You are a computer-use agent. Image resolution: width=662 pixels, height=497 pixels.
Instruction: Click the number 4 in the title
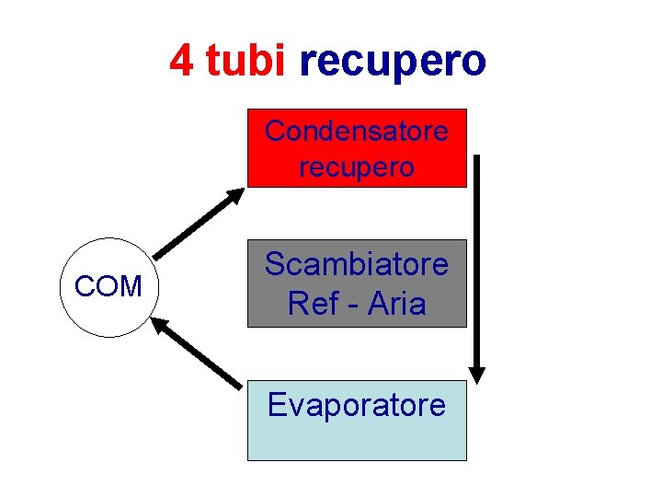click(181, 61)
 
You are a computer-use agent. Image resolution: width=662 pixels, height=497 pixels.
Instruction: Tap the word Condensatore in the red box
click(357, 132)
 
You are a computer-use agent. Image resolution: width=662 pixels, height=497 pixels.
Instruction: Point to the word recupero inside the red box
click(357, 168)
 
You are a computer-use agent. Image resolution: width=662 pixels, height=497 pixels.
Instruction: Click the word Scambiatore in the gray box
click(357, 265)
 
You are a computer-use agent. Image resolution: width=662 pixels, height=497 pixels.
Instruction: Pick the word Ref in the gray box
click(313, 303)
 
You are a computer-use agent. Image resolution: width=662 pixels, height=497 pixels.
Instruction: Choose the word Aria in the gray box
click(397, 303)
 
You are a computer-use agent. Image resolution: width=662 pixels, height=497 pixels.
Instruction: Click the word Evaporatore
click(357, 405)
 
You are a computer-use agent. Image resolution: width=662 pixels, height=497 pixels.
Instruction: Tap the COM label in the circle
click(108, 287)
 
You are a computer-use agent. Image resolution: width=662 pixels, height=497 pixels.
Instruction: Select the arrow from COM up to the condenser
click(198, 224)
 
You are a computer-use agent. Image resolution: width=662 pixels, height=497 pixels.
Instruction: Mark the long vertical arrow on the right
click(476, 267)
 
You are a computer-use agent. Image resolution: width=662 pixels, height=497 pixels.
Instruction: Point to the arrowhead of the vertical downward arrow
click(476, 373)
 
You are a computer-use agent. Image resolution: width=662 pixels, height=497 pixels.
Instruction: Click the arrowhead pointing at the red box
click(236, 196)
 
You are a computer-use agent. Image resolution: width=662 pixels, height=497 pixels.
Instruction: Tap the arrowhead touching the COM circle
click(160, 324)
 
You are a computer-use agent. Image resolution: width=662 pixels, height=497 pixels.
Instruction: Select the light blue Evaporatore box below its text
click(357, 440)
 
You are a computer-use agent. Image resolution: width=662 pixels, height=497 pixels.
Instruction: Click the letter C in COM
click(84, 287)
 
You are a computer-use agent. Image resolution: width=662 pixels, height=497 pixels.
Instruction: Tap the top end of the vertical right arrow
click(476, 159)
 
